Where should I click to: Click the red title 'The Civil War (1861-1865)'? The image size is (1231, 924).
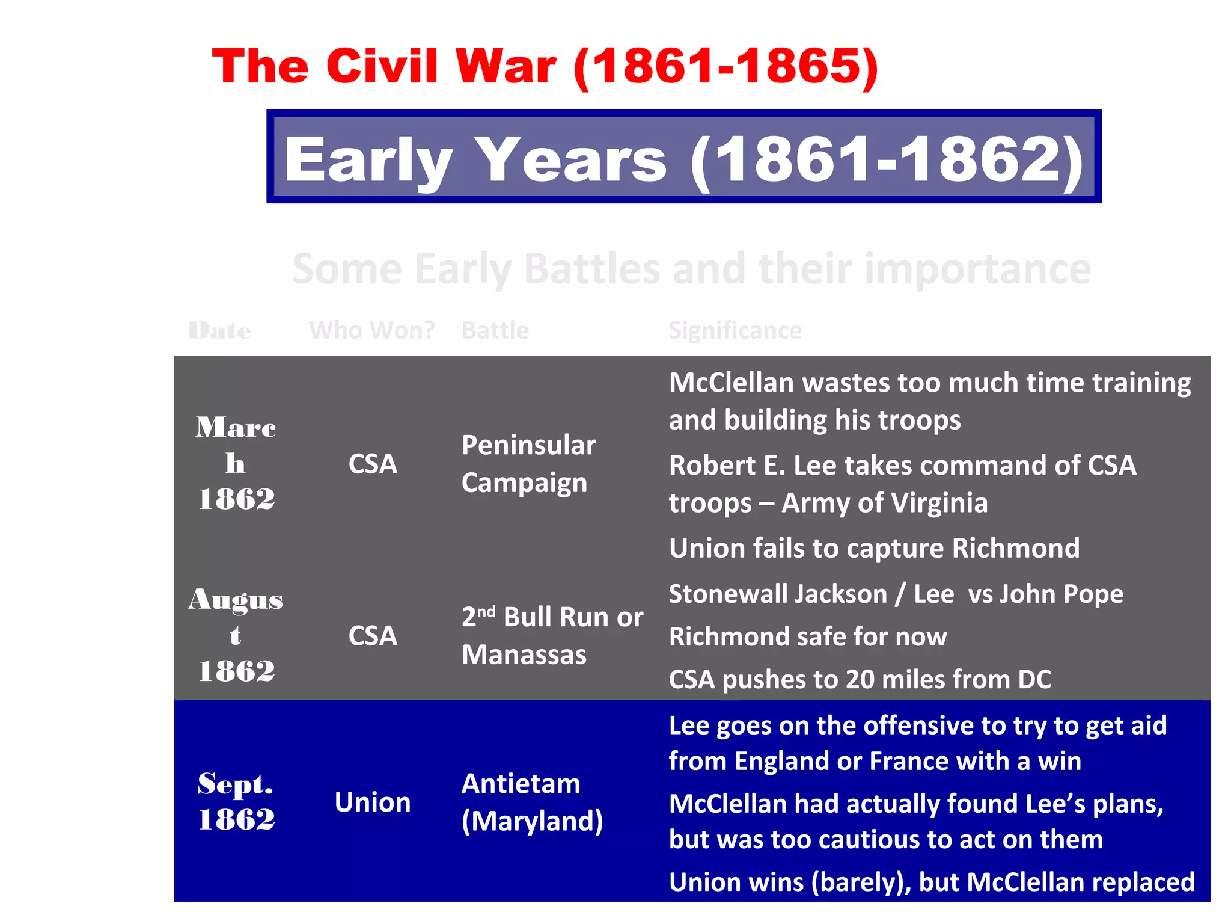(x=545, y=66)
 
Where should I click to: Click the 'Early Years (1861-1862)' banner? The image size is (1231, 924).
(x=683, y=158)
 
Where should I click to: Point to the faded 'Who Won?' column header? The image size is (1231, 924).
(x=371, y=330)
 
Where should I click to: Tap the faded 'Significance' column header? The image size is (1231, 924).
(x=735, y=330)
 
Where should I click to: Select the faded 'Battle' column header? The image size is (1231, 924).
(x=495, y=330)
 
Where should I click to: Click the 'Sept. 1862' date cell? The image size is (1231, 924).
(x=236, y=801)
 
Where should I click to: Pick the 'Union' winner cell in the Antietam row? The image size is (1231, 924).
(x=372, y=802)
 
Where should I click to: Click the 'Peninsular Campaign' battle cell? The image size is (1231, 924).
(x=528, y=464)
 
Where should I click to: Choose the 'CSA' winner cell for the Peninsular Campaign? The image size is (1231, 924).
(x=372, y=464)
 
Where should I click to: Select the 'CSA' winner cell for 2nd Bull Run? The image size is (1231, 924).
(x=372, y=636)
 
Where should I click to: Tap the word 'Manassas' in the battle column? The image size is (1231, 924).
(x=524, y=654)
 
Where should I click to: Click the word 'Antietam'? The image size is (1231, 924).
(x=521, y=784)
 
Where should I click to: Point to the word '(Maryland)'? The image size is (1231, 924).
(x=531, y=821)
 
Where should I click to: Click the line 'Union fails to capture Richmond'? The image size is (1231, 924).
(x=873, y=548)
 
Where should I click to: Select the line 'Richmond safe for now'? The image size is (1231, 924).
(x=807, y=636)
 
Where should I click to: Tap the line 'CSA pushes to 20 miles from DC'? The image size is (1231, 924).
(x=860, y=679)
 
